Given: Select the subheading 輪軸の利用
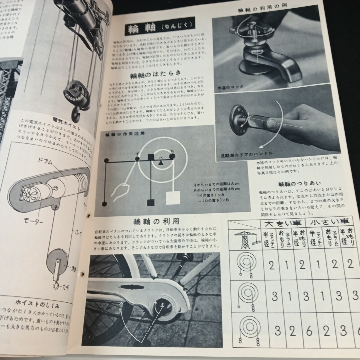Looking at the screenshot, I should [x=157, y=221].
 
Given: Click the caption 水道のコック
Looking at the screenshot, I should [x=230, y=88].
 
